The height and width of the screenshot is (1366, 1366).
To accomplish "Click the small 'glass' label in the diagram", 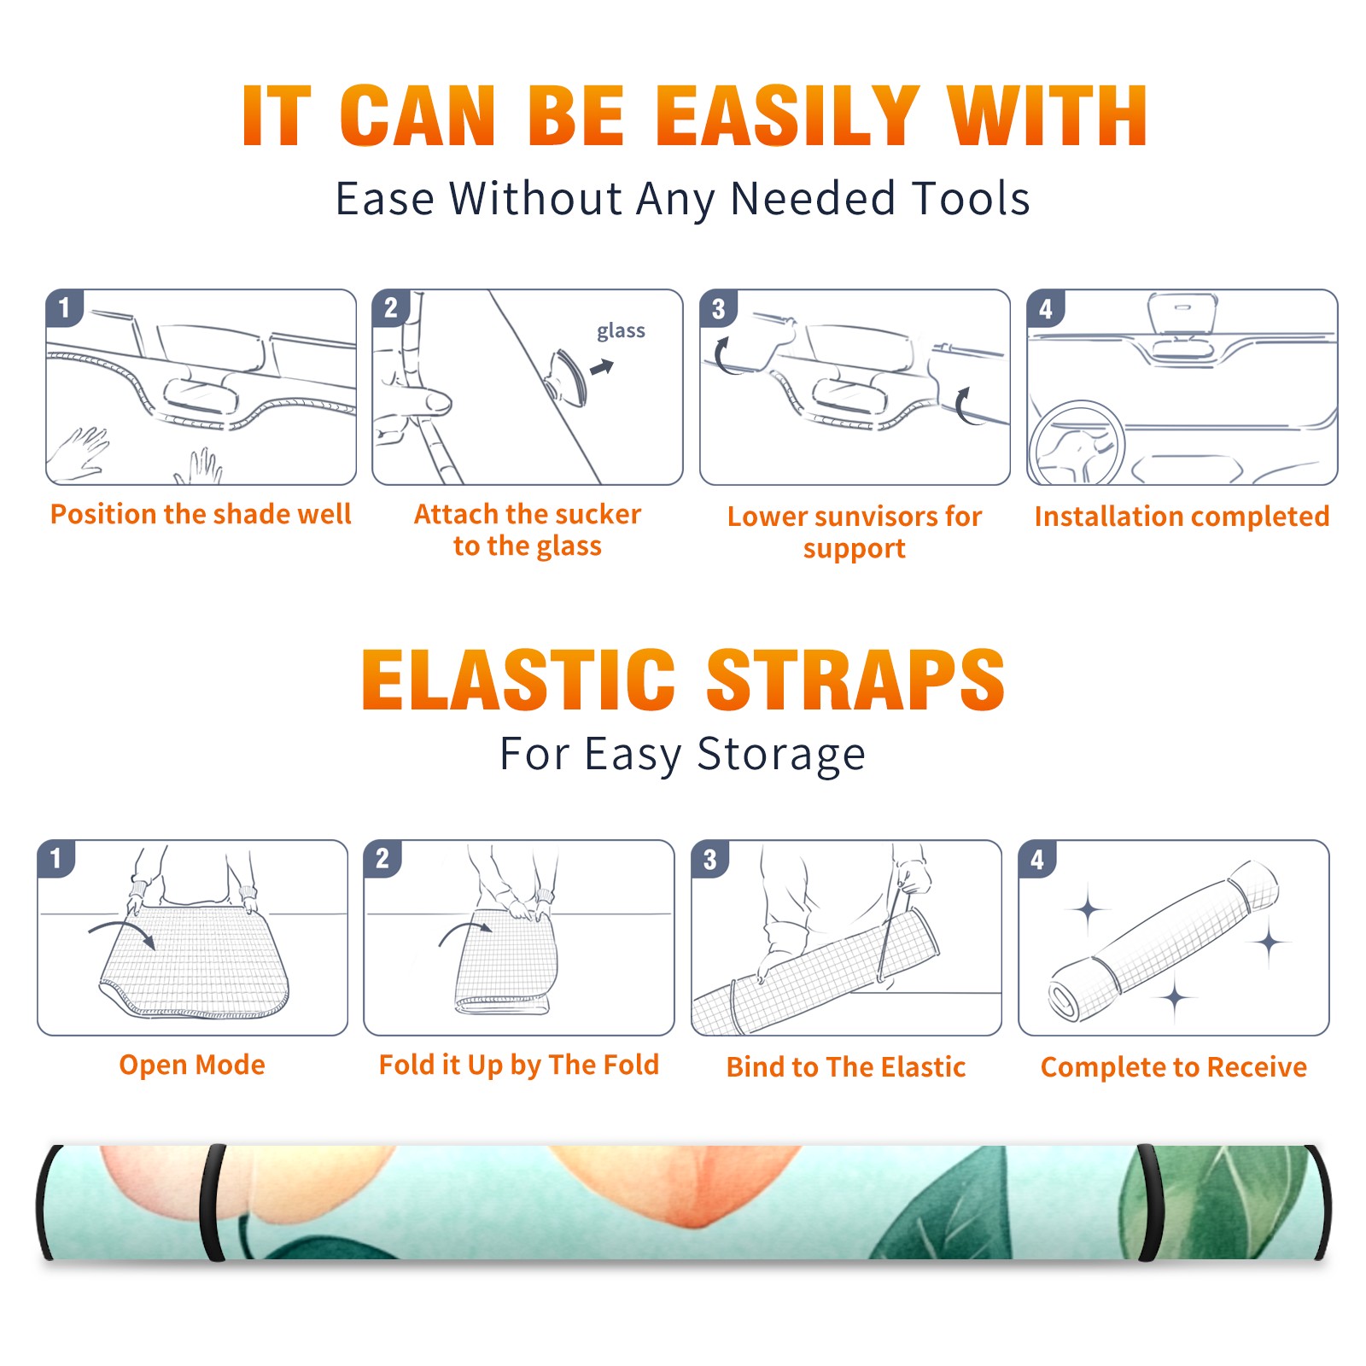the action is pos(621,331).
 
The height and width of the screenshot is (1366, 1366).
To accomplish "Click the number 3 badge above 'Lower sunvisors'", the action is pos(718,308).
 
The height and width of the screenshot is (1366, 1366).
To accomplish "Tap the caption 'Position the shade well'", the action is pos(201,514).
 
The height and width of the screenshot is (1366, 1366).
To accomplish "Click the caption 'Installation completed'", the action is pos(1182,517).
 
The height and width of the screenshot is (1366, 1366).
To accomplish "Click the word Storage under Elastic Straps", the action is pos(781,755).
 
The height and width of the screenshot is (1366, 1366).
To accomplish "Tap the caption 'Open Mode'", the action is pos(192,1065).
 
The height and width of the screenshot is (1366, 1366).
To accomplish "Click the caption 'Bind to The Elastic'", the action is pos(846,1067).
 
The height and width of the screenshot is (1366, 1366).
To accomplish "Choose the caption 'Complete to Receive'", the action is pos(1174,1067).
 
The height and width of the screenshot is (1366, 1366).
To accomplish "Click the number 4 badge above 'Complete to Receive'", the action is pos(1037,859).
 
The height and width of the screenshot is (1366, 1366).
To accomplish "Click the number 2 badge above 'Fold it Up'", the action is pos(382,859).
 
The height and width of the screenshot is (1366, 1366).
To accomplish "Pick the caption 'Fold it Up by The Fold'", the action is pos(519,1065).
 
